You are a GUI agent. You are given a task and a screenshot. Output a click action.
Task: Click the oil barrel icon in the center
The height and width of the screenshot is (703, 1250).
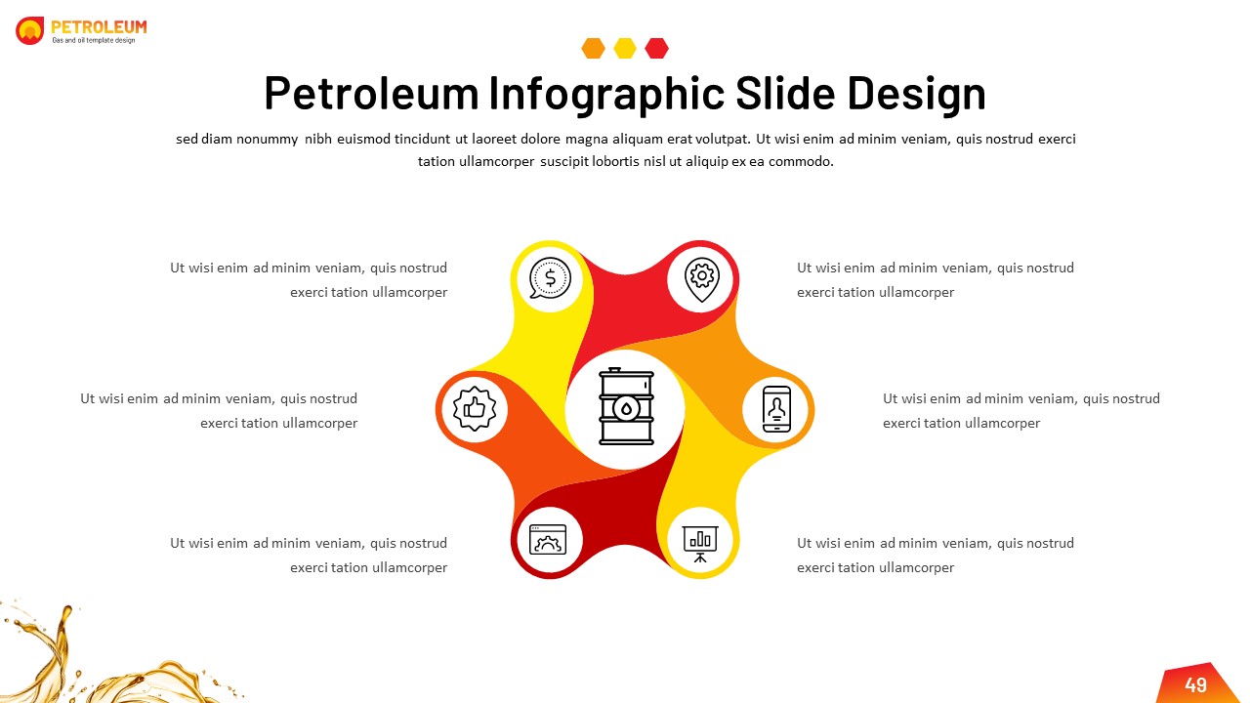626,406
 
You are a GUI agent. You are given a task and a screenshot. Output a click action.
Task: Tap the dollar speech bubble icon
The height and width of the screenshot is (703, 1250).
550,277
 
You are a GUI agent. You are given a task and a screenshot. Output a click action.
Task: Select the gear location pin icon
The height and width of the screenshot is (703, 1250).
702,278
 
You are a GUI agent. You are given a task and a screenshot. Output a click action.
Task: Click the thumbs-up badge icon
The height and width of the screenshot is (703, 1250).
475,409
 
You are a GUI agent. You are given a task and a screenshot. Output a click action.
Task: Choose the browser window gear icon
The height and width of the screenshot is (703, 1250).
548,539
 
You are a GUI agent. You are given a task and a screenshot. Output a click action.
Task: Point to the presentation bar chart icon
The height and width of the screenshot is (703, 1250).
700,540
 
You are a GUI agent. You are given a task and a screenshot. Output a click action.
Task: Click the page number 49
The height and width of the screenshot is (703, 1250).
1195,685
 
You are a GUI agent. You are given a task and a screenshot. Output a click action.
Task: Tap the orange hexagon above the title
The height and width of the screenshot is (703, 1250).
593,48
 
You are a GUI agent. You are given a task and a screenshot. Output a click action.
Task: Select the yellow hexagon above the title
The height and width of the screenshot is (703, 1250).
625,48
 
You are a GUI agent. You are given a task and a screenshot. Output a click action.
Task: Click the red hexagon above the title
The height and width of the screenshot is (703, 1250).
657,48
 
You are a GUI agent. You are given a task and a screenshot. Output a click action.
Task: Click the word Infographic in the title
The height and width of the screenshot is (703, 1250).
606,94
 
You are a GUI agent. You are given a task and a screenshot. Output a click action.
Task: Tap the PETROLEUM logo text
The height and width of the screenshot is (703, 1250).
99,27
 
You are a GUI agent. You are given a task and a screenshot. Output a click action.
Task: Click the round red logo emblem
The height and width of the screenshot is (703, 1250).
30,30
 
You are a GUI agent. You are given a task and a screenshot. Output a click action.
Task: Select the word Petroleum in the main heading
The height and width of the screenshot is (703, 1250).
371,94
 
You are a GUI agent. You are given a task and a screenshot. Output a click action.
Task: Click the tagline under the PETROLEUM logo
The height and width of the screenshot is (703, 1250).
94,40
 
